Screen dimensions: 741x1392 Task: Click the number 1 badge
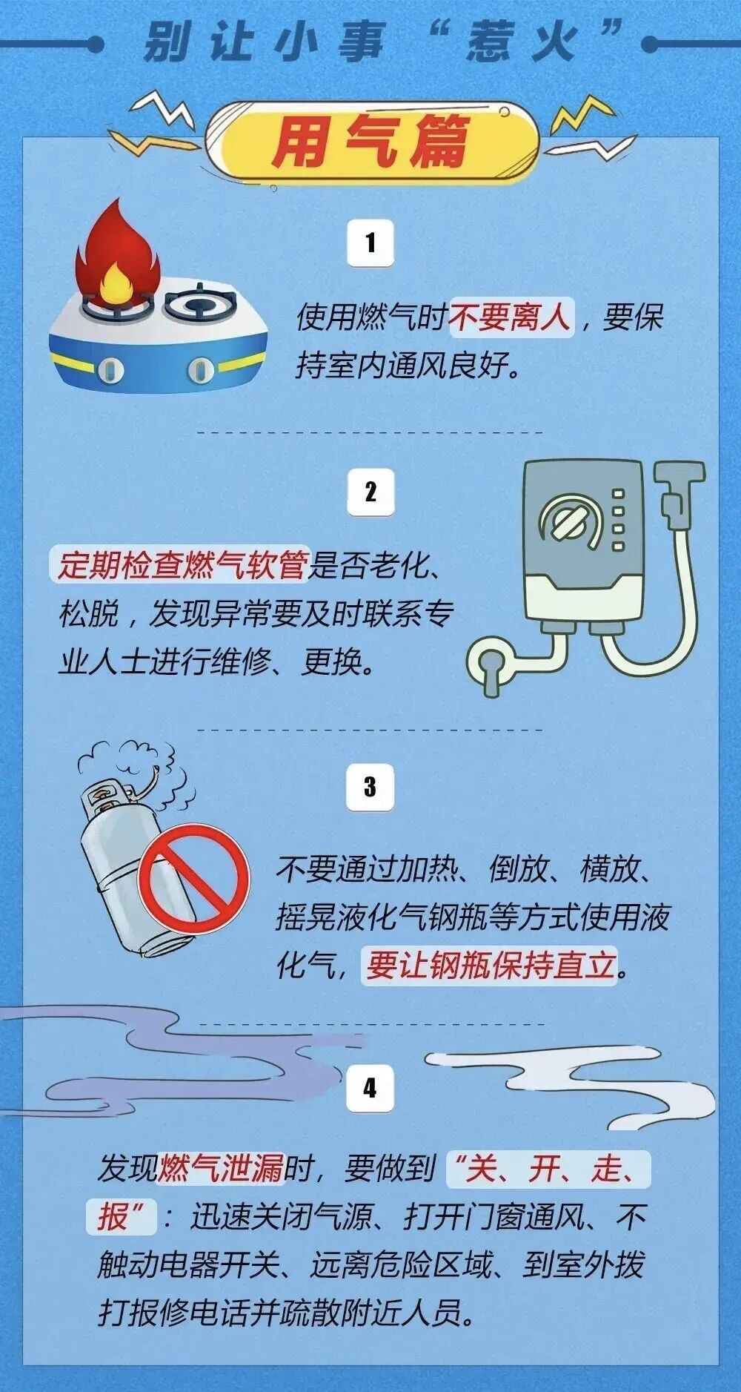point(370,243)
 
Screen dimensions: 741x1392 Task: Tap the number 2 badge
point(370,492)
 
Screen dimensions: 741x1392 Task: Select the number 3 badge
point(370,787)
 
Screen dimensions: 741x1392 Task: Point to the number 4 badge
point(370,1088)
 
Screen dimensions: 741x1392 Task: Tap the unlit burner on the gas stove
point(201,303)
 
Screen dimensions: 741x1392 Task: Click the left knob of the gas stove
point(111,369)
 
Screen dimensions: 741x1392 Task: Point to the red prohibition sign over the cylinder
point(194,879)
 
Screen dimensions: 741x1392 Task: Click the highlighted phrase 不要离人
point(511,317)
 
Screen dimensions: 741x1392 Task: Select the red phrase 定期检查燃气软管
point(182,566)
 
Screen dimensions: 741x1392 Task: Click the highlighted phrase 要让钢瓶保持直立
point(491,965)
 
